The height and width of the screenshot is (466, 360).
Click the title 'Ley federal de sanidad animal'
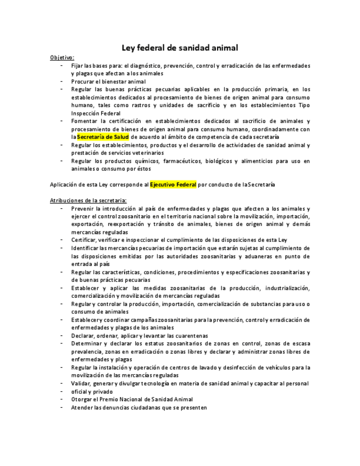click(180, 48)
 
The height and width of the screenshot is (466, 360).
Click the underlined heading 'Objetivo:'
click(62, 57)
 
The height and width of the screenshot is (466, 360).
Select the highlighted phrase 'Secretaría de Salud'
click(103, 137)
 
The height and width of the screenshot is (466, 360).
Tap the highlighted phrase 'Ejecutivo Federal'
click(173, 185)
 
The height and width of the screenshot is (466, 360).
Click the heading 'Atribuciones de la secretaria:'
click(88, 201)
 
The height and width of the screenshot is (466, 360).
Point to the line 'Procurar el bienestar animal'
click(108, 81)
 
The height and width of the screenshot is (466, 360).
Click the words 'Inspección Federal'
click(96, 113)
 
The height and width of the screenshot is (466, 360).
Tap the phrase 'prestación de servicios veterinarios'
click(117, 153)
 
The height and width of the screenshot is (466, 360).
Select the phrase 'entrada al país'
click(90, 264)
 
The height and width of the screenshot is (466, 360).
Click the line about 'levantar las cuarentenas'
click(139, 336)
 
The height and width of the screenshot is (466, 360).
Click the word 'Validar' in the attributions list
click(82, 384)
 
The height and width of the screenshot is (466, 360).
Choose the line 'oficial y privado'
click(92, 392)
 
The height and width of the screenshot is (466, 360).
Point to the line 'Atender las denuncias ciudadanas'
click(139, 408)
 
